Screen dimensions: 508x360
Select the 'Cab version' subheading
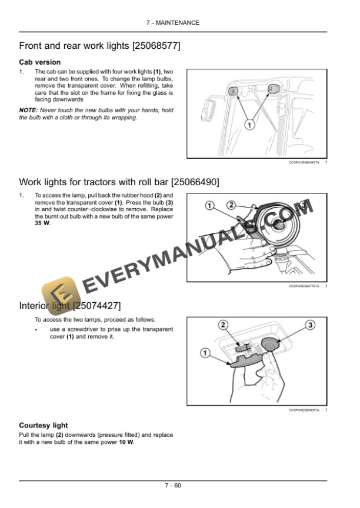tap(40, 62)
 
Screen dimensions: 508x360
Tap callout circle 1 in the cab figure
tap(249, 125)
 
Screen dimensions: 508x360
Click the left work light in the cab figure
tap(232, 91)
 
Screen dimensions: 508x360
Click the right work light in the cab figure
tap(272, 89)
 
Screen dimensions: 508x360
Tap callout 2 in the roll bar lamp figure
tap(231, 205)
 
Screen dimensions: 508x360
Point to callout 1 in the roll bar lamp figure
tap(209, 205)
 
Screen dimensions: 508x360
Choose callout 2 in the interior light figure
tap(223, 325)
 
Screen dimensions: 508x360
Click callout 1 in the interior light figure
tap(204, 353)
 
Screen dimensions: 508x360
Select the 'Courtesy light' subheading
tap(44, 425)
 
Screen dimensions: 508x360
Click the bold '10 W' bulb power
tap(126, 442)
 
